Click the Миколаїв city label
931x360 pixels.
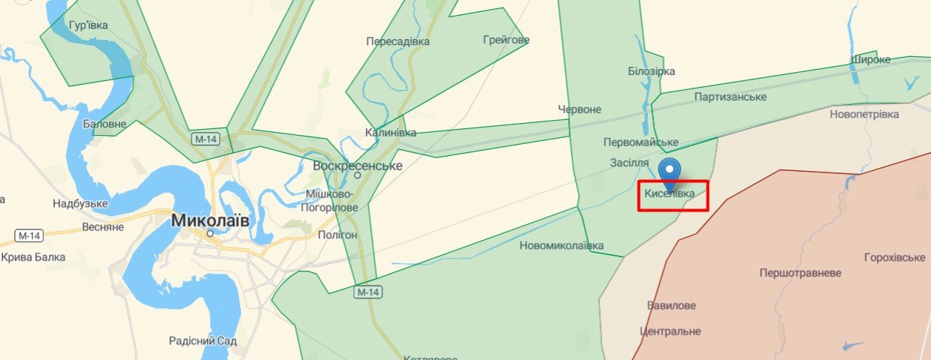pos(210,220)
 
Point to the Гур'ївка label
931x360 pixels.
pos(88,25)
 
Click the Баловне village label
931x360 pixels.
pos(104,124)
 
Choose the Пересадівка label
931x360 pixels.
pos(398,41)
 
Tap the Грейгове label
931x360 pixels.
pos(506,40)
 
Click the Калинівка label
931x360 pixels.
pos(390,133)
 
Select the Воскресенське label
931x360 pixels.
pos(358,166)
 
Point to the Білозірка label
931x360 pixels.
pos(651,71)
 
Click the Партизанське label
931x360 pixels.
pos(730,97)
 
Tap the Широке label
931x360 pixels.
pos(871,59)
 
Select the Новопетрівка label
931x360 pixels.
pos(864,114)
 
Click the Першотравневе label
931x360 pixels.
pos(800,273)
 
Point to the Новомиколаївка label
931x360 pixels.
pos(561,245)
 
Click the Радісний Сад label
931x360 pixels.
pos(203,340)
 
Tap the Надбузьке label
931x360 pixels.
pos(80,203)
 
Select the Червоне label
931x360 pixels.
pos(579,109)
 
